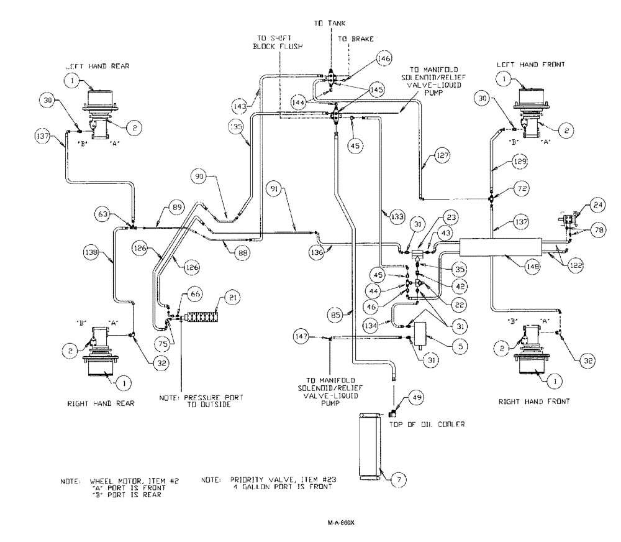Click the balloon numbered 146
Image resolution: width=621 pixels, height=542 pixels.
tap(384, 60)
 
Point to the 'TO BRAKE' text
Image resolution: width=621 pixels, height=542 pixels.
tap(351, 39)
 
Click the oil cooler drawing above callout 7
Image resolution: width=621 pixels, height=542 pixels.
tap(369, 448)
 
